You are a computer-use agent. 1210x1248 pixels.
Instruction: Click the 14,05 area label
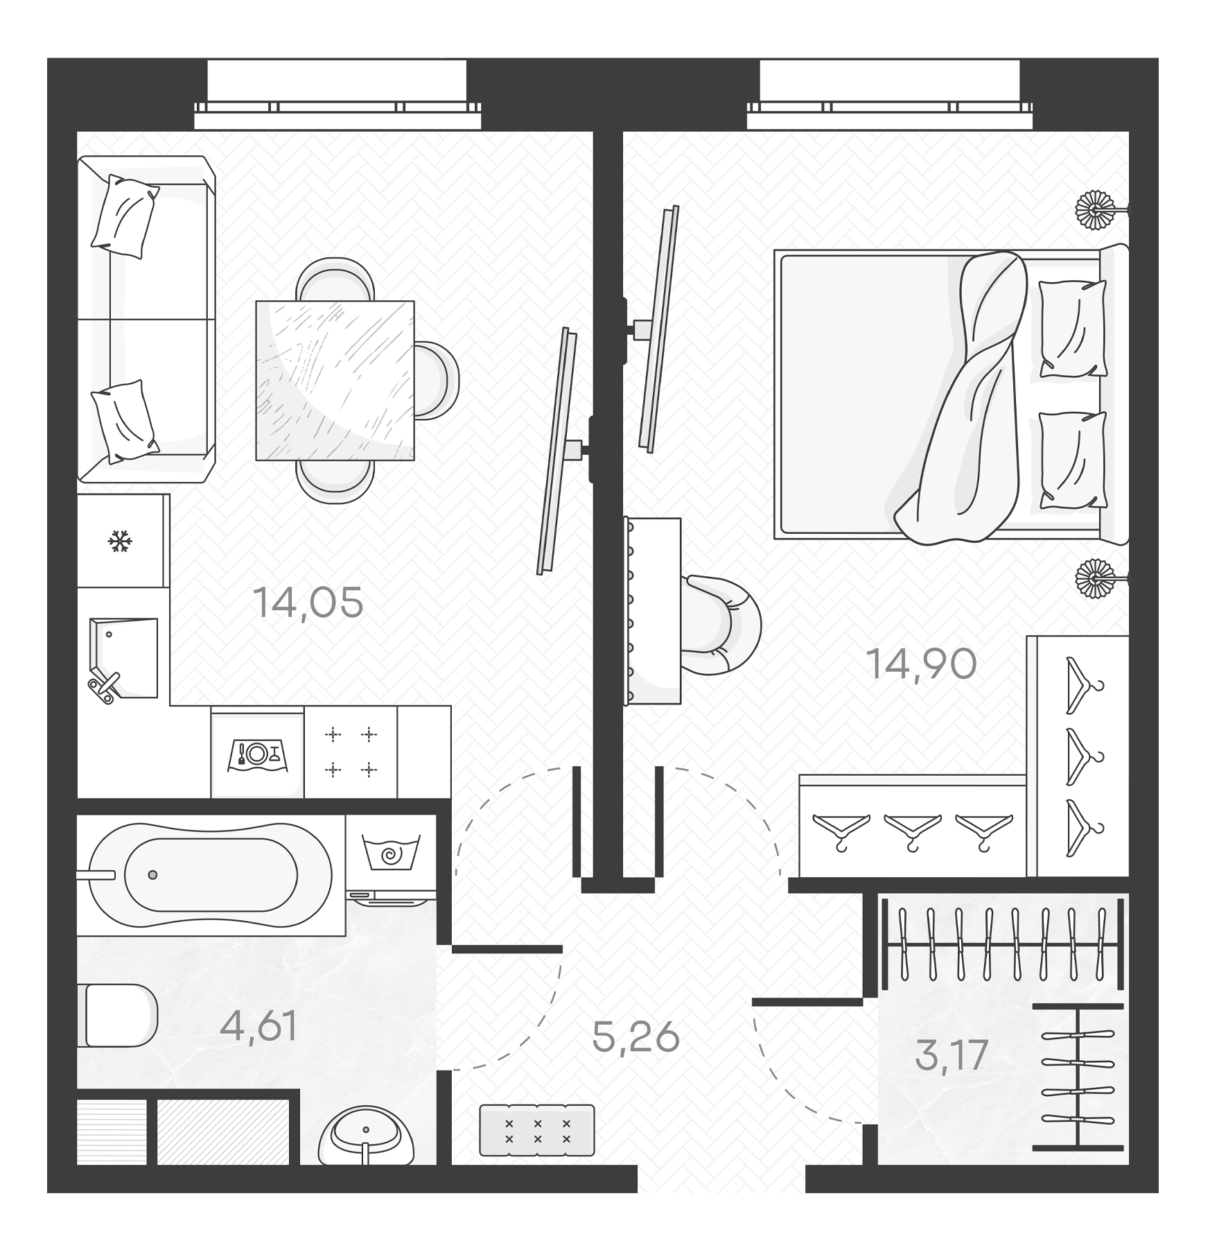pos(308,603)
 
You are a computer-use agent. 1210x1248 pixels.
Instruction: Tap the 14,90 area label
pos(921,664)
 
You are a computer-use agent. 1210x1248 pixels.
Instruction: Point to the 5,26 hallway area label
pos(635,1037)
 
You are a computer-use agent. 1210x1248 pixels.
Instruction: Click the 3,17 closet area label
pos(951,1055)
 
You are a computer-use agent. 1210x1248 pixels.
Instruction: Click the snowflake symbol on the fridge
pos(120,541)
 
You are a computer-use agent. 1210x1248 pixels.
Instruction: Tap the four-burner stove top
pos(351,752)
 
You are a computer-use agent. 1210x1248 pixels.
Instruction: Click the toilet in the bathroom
pos(120,1015)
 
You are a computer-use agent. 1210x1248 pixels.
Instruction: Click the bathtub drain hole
pos(152,875)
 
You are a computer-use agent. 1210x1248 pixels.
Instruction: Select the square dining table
pos(335,381)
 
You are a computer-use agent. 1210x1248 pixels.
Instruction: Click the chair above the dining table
pos(335,279)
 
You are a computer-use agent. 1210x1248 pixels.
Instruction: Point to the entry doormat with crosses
pos(537,1130)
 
